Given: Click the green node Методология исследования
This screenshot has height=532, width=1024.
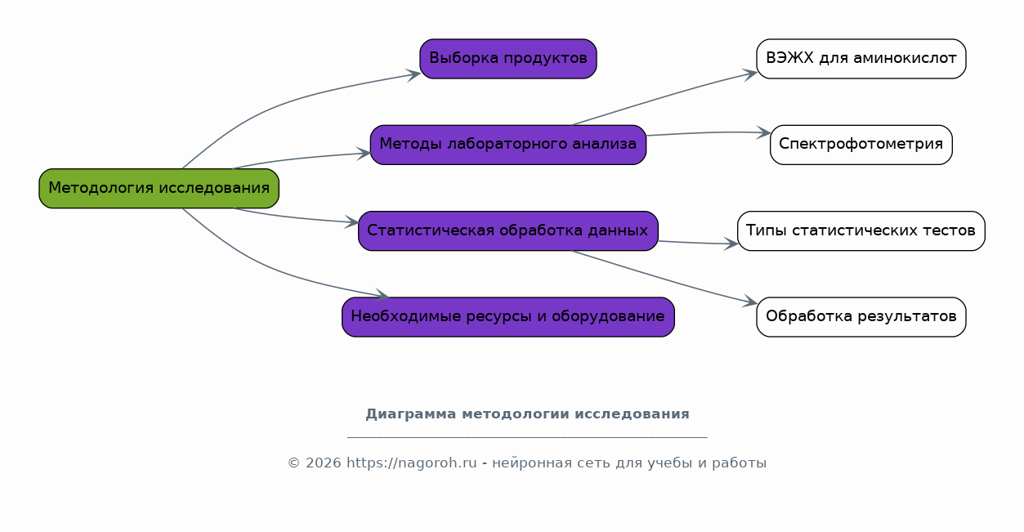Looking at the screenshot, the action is (x=159, y=188).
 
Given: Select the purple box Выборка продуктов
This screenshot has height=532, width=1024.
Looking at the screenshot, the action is (x=508, y=59).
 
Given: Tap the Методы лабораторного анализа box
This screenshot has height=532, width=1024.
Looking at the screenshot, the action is (x=508, y=145).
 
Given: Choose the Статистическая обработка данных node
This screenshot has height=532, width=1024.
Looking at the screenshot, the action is (x=508, y=230).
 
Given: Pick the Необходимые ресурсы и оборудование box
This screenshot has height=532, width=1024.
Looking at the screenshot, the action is (x=508, y=317).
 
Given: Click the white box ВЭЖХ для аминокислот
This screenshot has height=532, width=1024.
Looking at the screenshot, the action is (x=861, y=59).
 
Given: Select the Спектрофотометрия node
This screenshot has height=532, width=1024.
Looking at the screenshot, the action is (x=861, y=145).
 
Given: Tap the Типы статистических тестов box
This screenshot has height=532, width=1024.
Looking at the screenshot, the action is (x=861, y=230).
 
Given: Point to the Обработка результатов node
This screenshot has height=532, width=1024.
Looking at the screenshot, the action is (x=861, y=317).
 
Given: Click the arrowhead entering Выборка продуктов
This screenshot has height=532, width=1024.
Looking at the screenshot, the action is (x=414, y=74).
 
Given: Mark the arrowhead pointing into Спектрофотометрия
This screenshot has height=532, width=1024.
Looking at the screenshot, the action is (x=764, y=132).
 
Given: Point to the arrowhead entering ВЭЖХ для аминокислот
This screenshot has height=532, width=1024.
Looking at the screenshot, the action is (x=750, y=74).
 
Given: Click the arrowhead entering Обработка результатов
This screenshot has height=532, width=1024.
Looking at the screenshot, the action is (x=750, y=301).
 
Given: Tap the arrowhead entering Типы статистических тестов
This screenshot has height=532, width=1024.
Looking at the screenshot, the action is (x=731, y=244).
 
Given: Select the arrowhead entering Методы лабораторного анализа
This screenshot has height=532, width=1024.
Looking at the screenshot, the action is (x=364, y=153).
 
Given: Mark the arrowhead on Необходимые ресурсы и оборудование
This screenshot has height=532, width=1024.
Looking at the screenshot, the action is (x=382, y=295).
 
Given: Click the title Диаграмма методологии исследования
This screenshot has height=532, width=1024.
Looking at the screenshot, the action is (x=528, y=414).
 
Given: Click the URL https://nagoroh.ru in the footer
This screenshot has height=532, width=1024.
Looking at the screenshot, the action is (x=411, y=463).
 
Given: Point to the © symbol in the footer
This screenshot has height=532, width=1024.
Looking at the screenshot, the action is (x=293, y=463).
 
